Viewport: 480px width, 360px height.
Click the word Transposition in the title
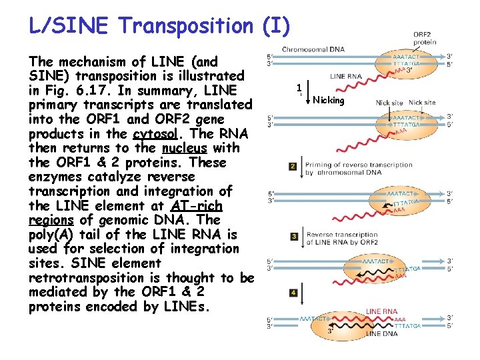184,26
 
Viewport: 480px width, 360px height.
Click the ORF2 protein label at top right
425,38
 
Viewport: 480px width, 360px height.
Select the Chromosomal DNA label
313,49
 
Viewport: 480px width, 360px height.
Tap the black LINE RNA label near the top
346,77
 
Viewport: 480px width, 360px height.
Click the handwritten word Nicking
329,101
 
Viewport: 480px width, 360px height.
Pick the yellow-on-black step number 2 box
293,166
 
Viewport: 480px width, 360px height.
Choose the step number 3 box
293,236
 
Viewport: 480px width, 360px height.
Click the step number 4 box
293,293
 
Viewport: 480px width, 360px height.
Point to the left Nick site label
389,103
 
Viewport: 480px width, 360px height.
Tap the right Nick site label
422,103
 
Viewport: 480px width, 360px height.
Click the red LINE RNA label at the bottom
382,311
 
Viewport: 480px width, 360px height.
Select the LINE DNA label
383,333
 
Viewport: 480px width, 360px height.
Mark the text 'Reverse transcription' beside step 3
342,235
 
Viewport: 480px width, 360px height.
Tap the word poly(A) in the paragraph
53,235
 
